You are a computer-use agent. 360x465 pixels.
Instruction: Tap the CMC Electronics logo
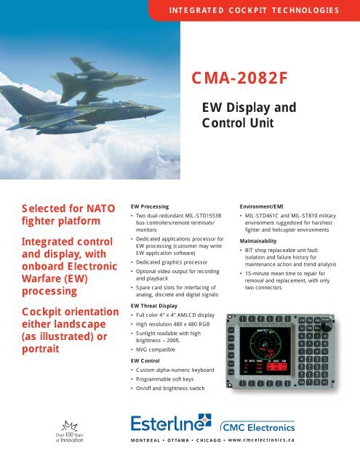[x=275, y=424]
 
